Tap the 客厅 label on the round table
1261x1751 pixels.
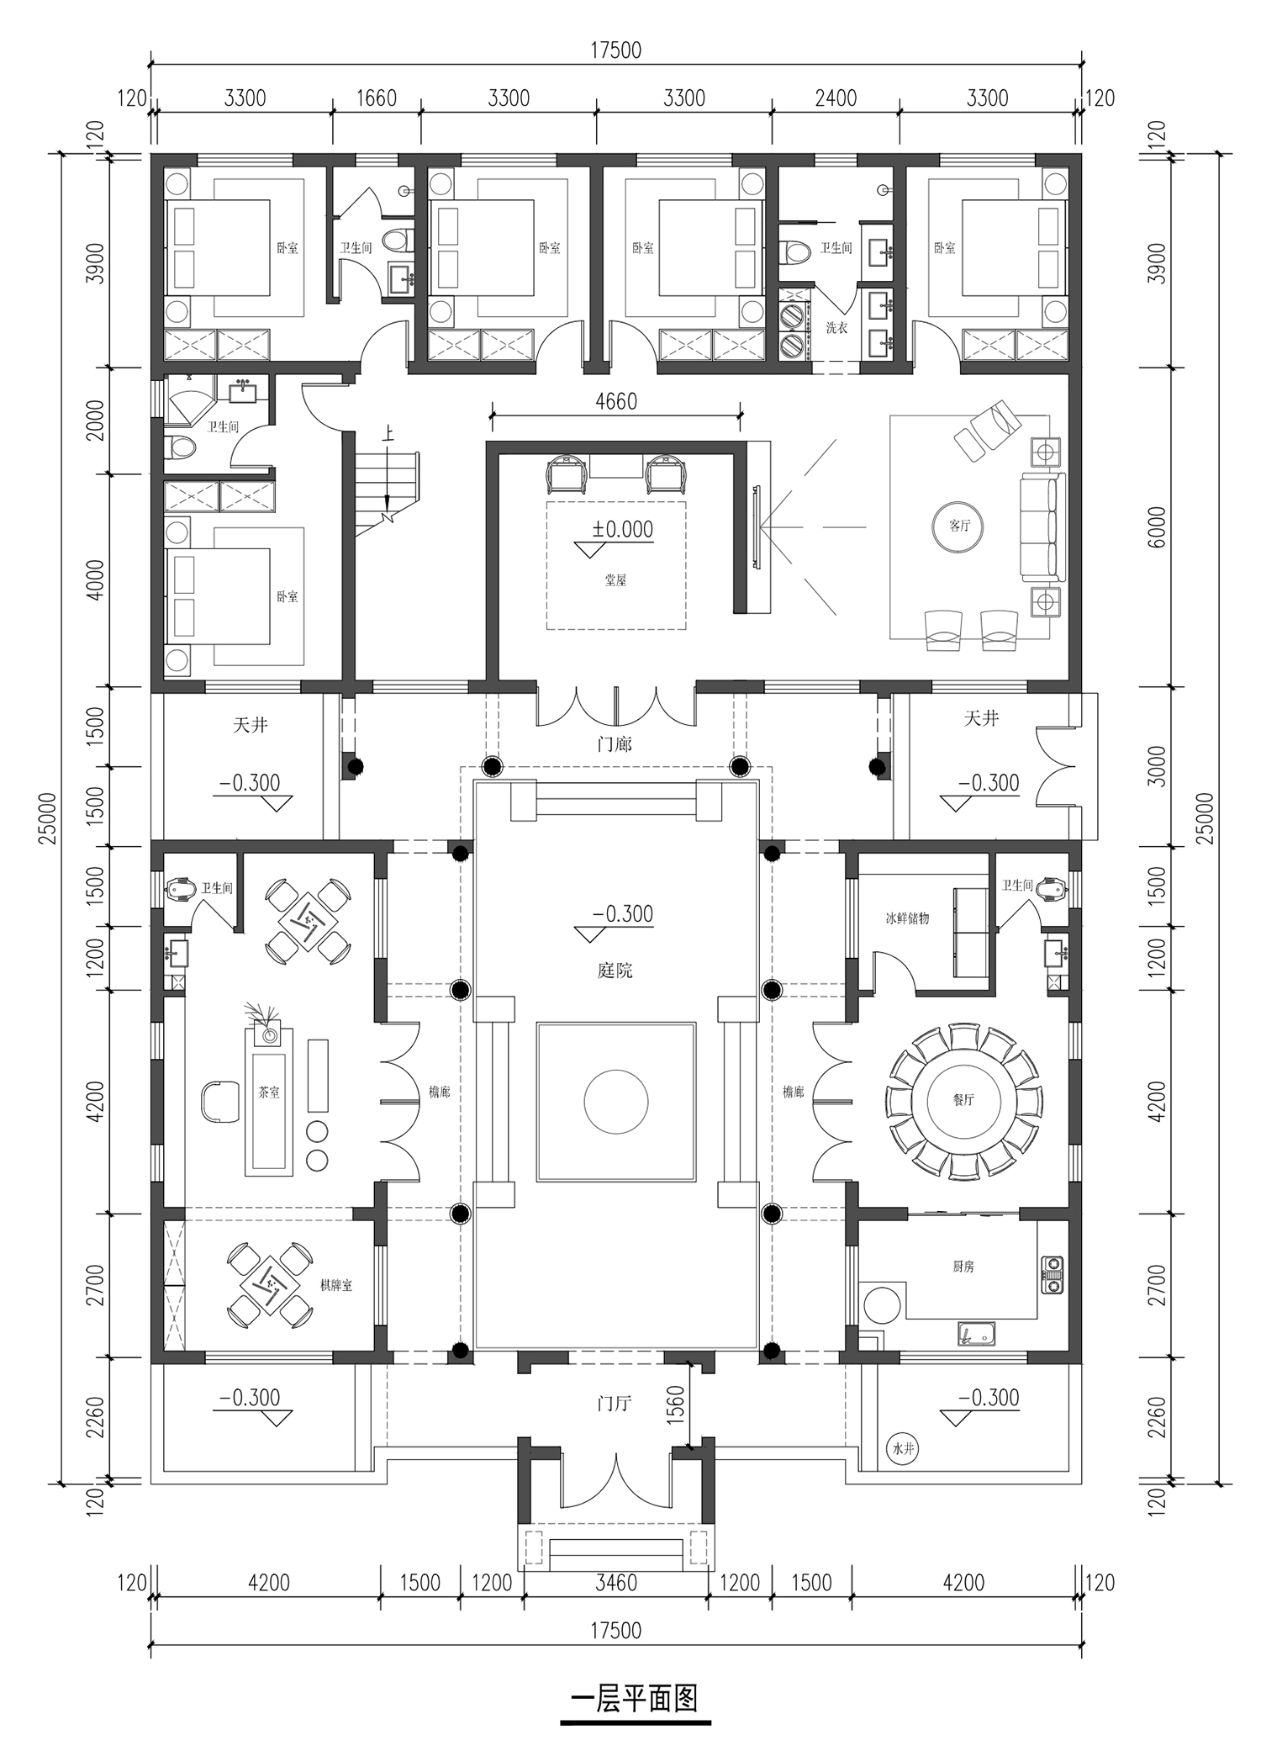point(959,526)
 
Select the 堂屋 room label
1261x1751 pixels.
point(615,579)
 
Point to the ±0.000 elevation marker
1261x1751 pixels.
point(622,529)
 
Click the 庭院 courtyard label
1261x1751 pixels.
point(615,970)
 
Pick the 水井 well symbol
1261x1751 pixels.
point(902,1449)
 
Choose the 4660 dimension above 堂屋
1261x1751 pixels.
point(616,401)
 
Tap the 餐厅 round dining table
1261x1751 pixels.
point(963,1099)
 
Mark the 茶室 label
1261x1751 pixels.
point(269,1092)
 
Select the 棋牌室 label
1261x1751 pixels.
point(335,1286)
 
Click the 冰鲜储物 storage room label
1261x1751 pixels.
point(907,918)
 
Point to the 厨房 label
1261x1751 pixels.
point(963,1266)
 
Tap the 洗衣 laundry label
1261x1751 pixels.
point(836,327)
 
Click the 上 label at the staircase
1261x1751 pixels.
point(388,435)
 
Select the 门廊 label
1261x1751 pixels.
point(615,744)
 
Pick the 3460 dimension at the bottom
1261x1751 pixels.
point(616,1582)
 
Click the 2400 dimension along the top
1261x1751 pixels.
point(836,98)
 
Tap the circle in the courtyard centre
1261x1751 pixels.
point(616,1101)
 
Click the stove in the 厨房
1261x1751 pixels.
point(1052,1274)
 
